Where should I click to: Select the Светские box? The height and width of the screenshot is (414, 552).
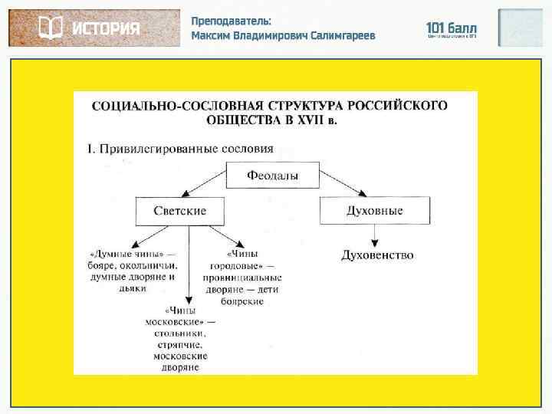click(x=181, y=210)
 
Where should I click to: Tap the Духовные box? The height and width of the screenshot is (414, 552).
click(x=373, y=210)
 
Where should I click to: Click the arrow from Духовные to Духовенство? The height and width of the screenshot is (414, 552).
click(x=374, y=234)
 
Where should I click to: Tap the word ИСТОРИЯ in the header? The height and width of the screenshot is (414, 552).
click(x=106, y=29)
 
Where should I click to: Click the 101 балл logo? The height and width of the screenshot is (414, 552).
click(x=452, y=28)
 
